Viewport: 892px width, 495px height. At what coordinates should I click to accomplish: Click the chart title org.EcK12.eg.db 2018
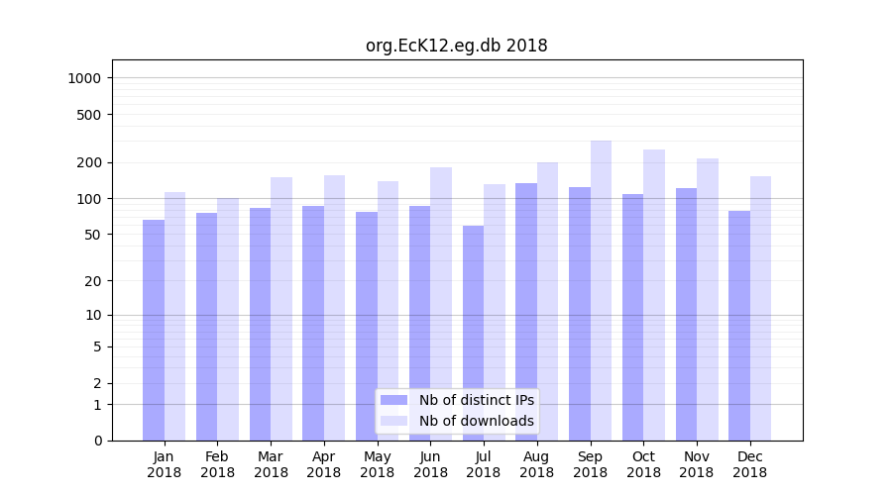(456, 46)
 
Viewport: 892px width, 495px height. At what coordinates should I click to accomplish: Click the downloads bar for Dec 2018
(760, 308)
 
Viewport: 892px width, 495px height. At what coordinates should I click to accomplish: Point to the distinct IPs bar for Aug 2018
(526, 312)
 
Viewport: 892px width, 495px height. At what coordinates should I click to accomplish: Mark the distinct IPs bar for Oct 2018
(632, 317)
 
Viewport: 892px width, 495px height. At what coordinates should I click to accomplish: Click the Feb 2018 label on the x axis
(217, 464)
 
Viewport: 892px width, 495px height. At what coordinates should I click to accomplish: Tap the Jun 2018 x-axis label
(430, 464)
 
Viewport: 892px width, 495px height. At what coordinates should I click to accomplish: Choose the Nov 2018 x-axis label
(697, 464)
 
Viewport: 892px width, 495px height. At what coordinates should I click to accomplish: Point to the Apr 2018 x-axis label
(324, 464)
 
